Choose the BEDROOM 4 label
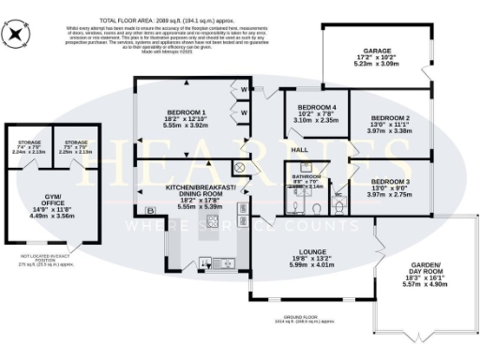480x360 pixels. pyautogui.click(x=316, y=109)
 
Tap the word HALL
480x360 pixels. pyautogui.click(x=299, y=150)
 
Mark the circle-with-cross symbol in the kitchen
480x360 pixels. pyautogui.click(x=238, y=167)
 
